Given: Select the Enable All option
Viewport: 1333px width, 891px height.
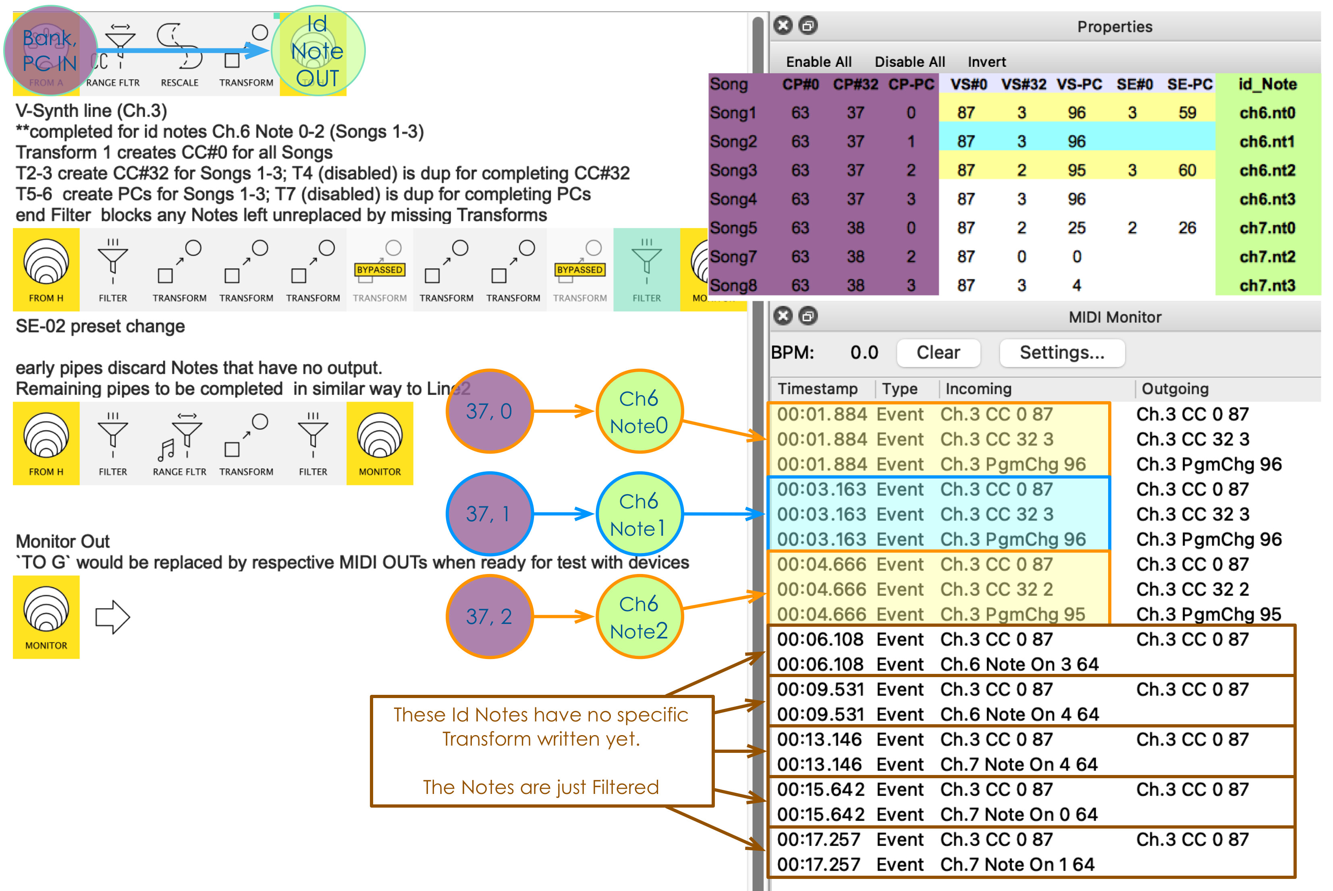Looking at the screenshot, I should (818, 62).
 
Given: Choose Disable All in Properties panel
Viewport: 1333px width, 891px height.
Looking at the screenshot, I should (909, 62).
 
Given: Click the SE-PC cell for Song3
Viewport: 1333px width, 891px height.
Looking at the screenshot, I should (1186, 170).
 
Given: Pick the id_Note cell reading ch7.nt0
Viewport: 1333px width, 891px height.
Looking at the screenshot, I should (1267, 228).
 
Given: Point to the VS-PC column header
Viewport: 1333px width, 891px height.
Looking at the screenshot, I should (1078, 85).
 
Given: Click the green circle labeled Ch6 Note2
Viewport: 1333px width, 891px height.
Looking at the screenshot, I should (639, 617).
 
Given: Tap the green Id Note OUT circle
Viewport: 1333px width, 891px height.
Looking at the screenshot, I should (318, 51).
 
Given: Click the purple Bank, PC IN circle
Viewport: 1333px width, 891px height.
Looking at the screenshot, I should (50, 51).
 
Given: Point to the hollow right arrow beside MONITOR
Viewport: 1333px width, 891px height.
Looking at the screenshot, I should (112, 617).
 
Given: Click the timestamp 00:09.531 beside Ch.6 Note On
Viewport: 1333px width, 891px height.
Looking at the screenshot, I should (820, 714).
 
